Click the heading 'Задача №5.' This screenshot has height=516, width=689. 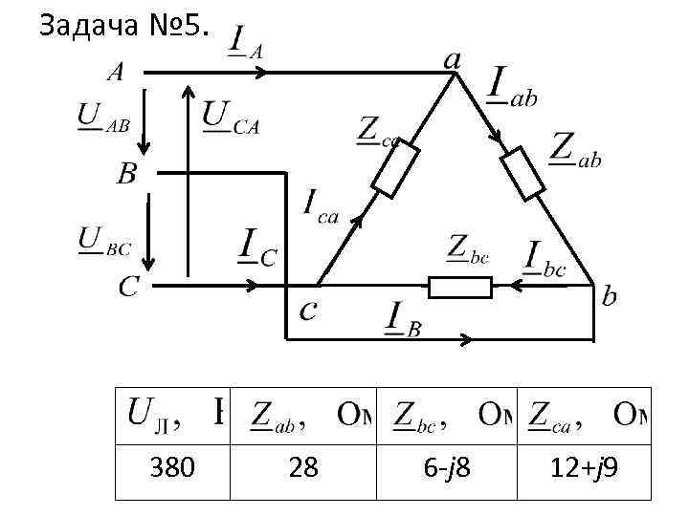pos(121,27)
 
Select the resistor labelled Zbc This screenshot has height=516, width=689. pos(459,287)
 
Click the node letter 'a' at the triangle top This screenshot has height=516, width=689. pos(452,59)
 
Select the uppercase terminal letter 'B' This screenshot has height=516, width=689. pos(126,174)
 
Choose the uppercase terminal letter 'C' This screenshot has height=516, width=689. pos(128,286)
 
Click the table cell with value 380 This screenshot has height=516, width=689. pos(173,467)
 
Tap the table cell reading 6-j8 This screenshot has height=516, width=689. pos(447,467)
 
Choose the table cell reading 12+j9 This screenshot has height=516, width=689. pos(584,467)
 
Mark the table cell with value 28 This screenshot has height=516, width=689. pos(303,467)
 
